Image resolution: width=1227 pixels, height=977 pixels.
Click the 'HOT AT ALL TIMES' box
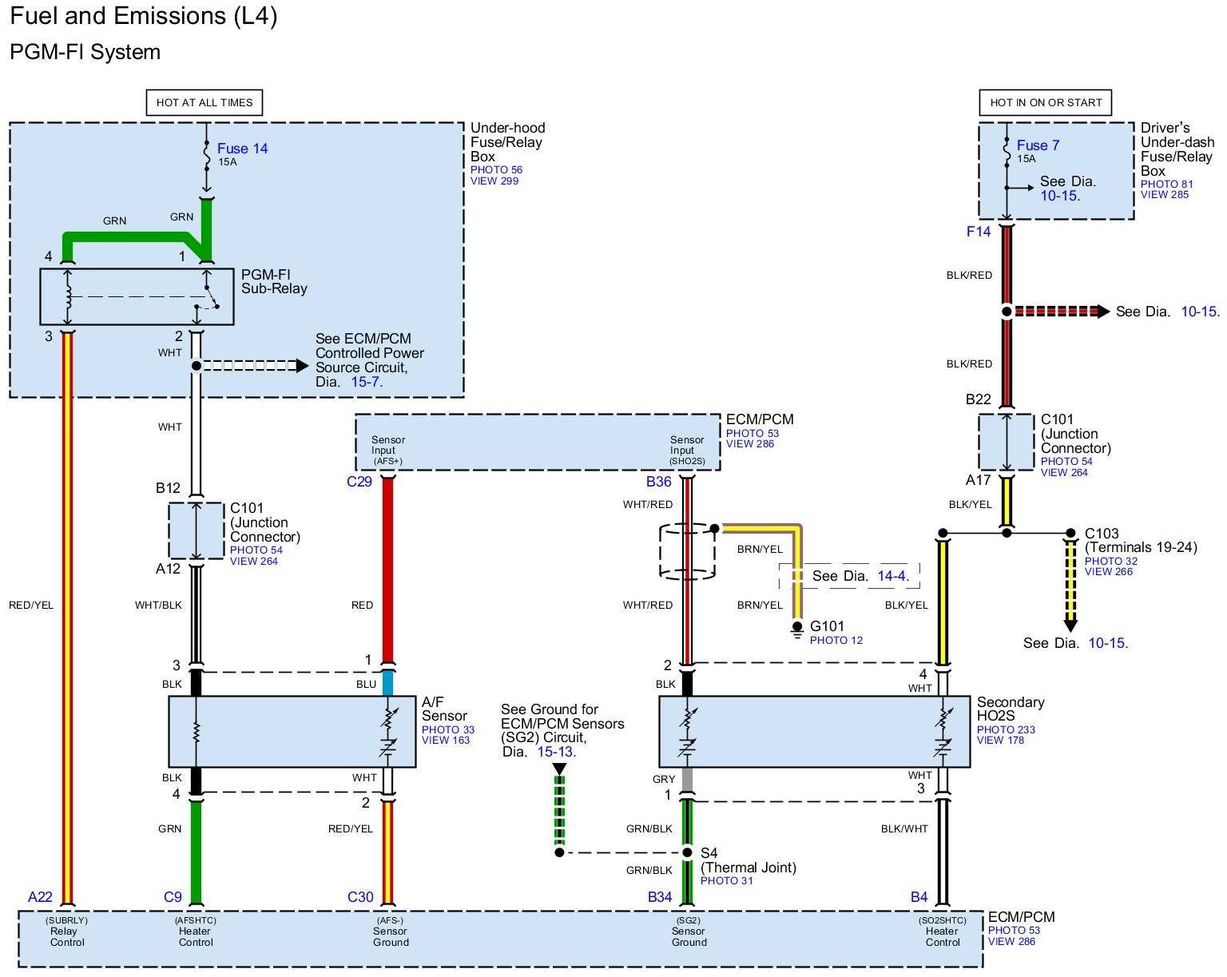click(x=204, y=102)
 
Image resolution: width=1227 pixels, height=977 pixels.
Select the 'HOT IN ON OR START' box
click(x=1045, y=102)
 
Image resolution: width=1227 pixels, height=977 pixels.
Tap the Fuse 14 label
click(x=242, y=149)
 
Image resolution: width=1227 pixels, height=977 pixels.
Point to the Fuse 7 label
click(x=1038, y=145)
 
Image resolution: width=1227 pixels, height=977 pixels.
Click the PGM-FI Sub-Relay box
click(x=137, y=296)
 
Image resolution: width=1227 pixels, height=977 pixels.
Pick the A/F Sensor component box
click(x=292, y=731)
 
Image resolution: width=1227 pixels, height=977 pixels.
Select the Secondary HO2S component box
click(x=813, y=731)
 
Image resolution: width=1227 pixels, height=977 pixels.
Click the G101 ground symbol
click(x=796, y=630)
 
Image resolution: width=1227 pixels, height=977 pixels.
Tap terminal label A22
click(x=40, y=897)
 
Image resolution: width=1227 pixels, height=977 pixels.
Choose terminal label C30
click(x=360, y=897)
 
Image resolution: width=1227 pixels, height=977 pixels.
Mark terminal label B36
click(x=659, y=482)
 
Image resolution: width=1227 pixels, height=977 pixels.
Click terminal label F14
click(x=979, y=232)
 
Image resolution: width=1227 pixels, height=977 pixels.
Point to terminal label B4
click(x=919, y=897)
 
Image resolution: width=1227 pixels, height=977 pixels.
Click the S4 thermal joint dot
click(x=687, y=852)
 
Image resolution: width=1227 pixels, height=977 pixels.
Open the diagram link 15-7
click(x=364, y=382)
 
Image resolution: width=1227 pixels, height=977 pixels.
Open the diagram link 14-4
click(x=891, y=576)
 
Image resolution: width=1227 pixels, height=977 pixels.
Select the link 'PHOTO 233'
click(x=1005, y=729)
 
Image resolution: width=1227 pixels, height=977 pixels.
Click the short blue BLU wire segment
click(x=388, y=683)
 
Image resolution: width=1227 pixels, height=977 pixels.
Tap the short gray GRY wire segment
click(x=687, y=779)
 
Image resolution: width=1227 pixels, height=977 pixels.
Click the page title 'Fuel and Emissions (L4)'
click(x=144, y=16)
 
